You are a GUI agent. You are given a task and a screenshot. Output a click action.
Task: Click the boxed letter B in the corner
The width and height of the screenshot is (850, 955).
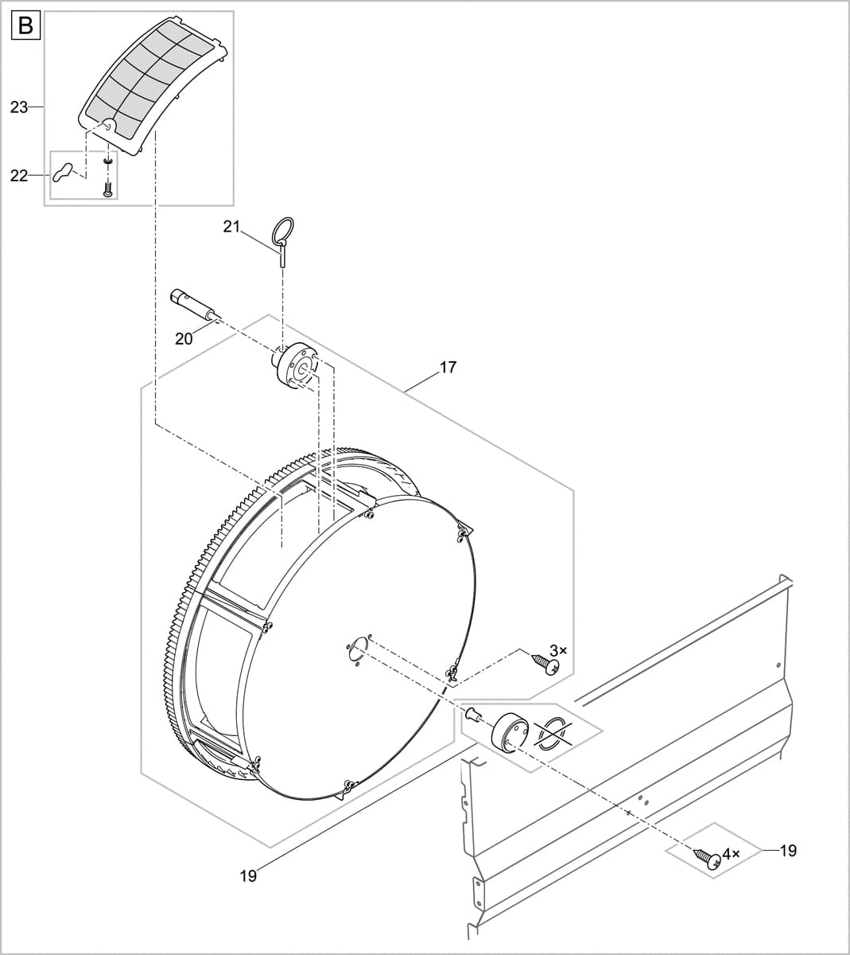[25, 26]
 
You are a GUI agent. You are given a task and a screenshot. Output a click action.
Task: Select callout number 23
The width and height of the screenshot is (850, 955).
[20, 107]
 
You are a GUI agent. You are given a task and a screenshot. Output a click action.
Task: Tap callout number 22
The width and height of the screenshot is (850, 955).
[20, 175]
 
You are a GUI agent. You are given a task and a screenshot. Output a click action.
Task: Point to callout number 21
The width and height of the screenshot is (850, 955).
[231, 227]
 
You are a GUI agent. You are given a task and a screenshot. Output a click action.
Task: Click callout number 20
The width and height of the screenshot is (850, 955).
[184, 338]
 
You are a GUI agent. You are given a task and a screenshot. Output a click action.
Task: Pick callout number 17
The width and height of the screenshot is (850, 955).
[448, 368]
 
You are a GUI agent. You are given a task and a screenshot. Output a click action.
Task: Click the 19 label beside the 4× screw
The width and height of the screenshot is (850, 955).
[787, 851]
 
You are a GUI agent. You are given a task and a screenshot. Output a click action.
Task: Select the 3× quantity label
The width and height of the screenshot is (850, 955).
[559, 650]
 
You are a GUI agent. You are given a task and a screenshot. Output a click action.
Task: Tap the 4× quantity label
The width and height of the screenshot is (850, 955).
[731, 853]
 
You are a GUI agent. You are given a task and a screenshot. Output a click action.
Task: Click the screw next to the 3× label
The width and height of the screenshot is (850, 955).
[543, 662]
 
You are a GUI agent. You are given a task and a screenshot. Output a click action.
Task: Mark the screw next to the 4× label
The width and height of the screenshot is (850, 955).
[707, 857]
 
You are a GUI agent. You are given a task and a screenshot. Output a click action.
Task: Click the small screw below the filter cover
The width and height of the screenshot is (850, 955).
[107, 188]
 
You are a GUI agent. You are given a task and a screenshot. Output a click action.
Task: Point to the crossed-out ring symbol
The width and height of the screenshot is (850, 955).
[553, 731]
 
